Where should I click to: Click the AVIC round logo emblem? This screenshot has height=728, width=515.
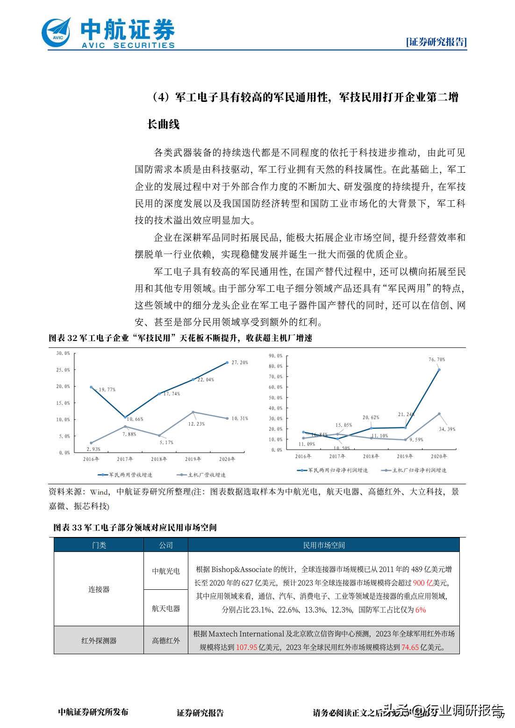click(x=57, y=33)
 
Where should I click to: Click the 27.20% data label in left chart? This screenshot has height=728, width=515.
click(x=240, y=362)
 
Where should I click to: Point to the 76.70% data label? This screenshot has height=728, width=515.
click(x=437, y=360)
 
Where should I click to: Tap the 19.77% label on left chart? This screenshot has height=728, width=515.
click(x=107, y=389)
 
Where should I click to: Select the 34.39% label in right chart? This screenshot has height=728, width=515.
click(x=447, y=429)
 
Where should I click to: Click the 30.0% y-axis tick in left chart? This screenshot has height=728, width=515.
click(x=63, y=353)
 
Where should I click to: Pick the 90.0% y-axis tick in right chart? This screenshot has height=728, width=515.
click(x=275, y=356)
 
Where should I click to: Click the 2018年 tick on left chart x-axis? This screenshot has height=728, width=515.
click(x=159, y=459)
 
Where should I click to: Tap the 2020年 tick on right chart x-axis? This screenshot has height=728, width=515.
click(x=439, y=456)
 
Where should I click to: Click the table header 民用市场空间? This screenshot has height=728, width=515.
click(x=324, y=545)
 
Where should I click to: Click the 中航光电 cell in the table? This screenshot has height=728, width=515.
click(x=166, y=571)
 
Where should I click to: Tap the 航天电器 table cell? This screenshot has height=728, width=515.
click(x=166, y=608)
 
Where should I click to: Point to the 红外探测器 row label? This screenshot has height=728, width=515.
click(x=99, y=640)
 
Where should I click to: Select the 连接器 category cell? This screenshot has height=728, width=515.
click(x=99, y=589)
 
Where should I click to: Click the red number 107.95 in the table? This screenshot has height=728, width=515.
click(x=246, y=647)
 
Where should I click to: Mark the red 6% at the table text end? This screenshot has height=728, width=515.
click(x=421, y=610)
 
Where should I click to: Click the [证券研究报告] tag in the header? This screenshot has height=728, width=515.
click(x=436, y=42)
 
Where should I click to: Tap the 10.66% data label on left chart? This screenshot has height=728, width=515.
click(x=135, y=419)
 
